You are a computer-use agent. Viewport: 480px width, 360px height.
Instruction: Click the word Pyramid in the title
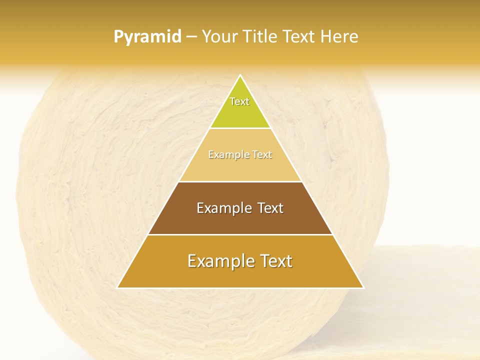147,37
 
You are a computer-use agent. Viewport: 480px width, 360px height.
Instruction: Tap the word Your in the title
220,36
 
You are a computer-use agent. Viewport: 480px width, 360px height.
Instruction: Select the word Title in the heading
261,36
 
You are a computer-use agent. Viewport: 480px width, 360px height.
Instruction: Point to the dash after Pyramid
191,37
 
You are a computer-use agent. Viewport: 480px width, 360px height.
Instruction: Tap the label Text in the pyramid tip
239,101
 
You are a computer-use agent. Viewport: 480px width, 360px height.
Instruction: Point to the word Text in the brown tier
271,208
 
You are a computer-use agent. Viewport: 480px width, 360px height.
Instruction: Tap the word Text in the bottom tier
276,261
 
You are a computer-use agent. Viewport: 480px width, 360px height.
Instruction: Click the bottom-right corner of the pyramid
363,287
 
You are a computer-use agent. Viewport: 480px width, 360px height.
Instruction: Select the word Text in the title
301,36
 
